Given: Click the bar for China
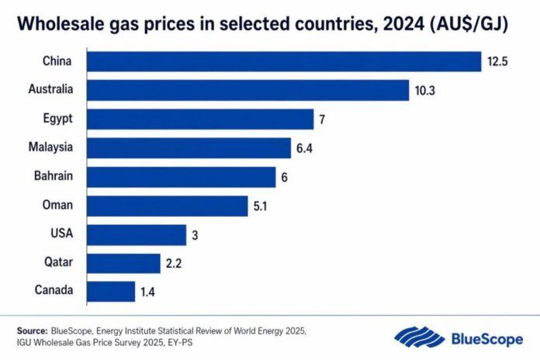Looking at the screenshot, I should (284, 61).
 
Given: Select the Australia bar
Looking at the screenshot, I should (247, 90).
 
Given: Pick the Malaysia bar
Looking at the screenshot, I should (189, 147).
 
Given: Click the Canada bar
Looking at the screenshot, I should (111, 291).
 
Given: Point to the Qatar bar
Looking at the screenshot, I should (123, 262).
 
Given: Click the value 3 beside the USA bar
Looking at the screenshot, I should (195, 234).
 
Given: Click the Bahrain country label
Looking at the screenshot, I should (54, 176).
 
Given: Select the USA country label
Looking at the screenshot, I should (62, 234).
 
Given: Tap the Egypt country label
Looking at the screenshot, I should (59, 119).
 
